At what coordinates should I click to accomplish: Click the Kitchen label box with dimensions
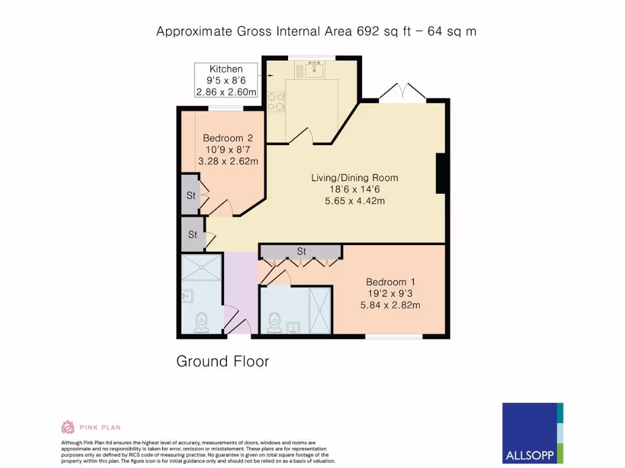tap(226, 80)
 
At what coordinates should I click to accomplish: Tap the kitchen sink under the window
tap(315, 69)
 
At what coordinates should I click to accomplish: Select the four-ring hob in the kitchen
tap(276, 101)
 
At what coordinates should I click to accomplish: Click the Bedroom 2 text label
tap(228, 150)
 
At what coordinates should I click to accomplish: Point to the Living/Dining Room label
tap(355, 189)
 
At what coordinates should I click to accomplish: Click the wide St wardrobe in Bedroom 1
tap(300, 251)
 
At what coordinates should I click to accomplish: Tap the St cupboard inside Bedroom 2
tap(190, 196)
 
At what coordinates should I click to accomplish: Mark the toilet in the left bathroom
tap(201, 322)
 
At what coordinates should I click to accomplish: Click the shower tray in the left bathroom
tap(201, 267)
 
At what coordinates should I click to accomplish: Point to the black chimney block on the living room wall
tap(442, 173)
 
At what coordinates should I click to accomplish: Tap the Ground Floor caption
tap(222, 361)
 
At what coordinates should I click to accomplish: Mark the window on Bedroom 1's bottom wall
tap(393, 336)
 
